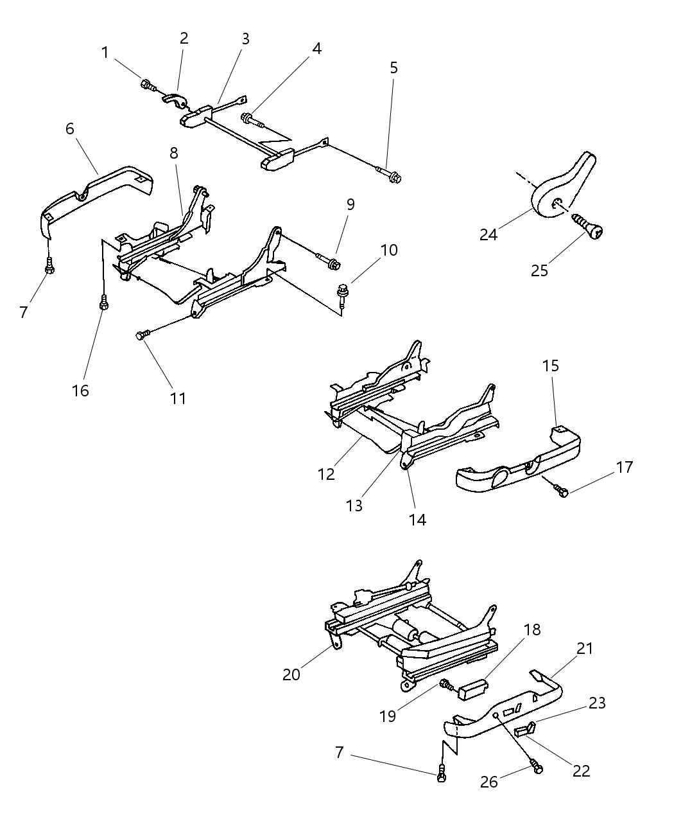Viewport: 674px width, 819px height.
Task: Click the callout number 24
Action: pyautogui.click(x=488, y=234)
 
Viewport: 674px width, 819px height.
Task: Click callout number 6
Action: pyautogui.click(x=69, y=128)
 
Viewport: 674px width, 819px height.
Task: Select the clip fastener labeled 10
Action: pyautogui.click(x=344, y=292)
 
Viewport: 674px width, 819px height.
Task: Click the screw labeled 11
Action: pyautogui.click(x=144, y=334)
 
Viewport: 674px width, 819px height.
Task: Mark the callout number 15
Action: pyautogui.click(x=550, y=366)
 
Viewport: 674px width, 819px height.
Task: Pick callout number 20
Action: pyautogui.click(x=291, y=674)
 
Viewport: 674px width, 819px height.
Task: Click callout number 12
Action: pyautogui.click(x=326, y=475)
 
